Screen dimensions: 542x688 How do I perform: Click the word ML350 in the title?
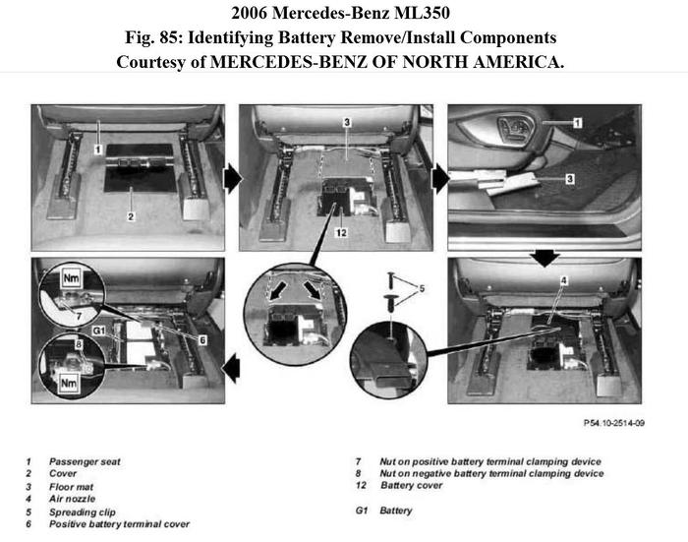436,14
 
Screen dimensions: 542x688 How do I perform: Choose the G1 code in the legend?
362,511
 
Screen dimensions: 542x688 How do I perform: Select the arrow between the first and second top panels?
233,178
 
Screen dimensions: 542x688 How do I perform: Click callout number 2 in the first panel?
131,214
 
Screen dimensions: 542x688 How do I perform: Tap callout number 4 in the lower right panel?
562,282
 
